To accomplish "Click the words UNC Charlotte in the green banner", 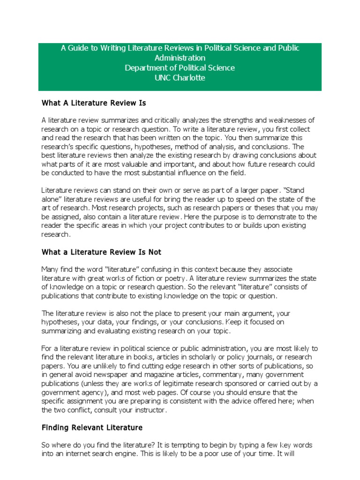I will click(180, 78).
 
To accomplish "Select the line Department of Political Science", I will click(180, 68).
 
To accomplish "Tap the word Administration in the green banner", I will click(180, 58).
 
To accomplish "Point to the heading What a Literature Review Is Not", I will click(101, 252).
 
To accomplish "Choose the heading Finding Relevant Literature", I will click(92, 427).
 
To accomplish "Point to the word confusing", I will click(161, 269).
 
